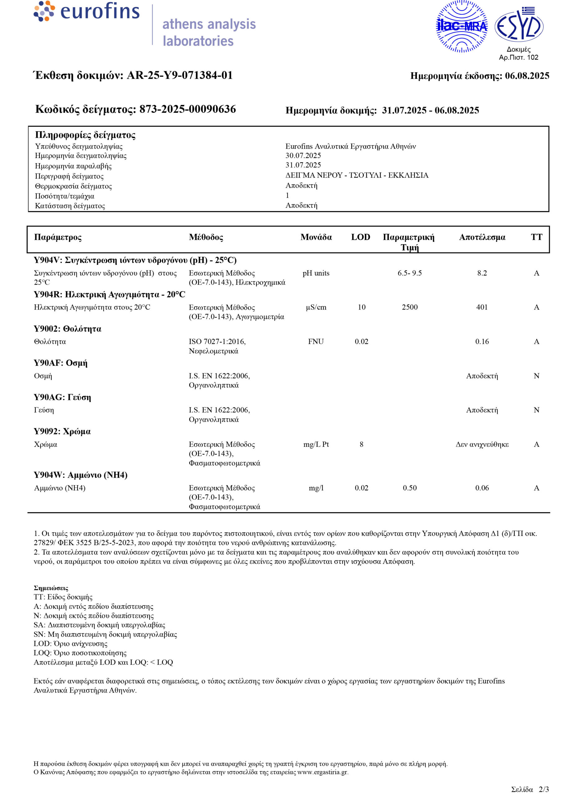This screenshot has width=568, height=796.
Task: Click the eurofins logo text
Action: coord(100,11)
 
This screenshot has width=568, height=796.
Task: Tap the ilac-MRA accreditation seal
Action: coord(461,26)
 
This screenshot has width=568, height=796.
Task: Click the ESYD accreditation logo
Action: coord(519,25)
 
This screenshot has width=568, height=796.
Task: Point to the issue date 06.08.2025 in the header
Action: coord(527,76)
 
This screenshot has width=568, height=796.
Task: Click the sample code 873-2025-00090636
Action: coord(187,109)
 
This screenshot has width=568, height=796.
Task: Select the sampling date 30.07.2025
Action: coord(303,155)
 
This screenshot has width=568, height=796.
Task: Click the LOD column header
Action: coord(361,237)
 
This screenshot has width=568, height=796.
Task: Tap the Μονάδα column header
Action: coord(316,237)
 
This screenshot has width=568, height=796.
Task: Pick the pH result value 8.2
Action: coord(482,273)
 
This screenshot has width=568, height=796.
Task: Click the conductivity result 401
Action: coord(482,307)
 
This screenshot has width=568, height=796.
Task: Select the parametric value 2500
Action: coord(410,307)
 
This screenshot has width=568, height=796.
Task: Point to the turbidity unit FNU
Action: coord(316,341)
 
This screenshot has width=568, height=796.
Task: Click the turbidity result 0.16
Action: coord(482,341)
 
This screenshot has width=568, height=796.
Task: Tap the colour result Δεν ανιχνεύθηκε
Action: coord(482,444)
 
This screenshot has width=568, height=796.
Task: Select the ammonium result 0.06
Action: coord(482,488)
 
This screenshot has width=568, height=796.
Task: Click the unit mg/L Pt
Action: coord(316,444)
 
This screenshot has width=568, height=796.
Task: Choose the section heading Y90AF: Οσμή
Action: coord(61,363)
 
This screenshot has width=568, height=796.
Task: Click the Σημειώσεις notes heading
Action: coord(51,588)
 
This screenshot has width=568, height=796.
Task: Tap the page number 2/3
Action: coord(543,789)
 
